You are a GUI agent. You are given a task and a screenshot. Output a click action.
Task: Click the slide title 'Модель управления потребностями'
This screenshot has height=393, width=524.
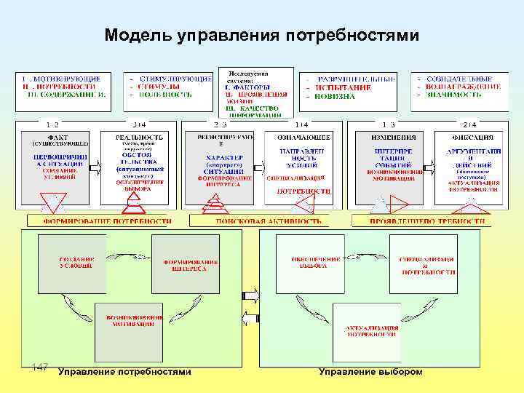coord(261,35)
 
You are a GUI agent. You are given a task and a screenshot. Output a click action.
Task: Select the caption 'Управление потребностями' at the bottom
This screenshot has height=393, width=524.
coord(124,372)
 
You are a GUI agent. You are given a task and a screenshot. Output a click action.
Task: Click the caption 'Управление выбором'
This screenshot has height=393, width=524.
coord(370,372)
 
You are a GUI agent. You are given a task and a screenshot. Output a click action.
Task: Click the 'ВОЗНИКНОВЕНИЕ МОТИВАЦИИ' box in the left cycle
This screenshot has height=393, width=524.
coord(129,323)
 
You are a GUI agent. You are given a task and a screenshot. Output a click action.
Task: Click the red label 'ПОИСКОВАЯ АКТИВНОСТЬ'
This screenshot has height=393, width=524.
coord(261,220)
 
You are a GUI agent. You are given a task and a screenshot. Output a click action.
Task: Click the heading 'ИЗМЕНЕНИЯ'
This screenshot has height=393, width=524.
coord(388,136)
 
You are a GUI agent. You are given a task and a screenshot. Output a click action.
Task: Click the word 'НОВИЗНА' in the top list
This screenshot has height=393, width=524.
coord(336,96)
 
